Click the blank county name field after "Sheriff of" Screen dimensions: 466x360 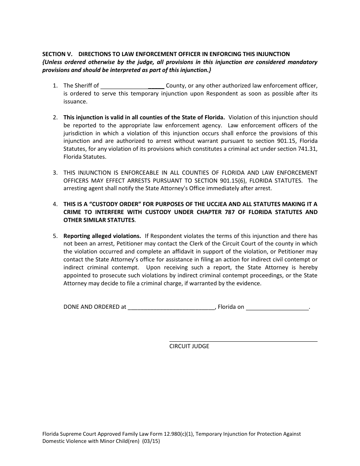[132, 86]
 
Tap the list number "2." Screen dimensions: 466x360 [55, 117]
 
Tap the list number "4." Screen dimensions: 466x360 [55, 204]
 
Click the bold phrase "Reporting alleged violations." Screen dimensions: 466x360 [102, 236]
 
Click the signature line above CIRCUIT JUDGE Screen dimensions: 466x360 [243, 341]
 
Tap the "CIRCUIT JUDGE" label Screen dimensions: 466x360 [189, 346]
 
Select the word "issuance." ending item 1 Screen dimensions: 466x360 [75, 102]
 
